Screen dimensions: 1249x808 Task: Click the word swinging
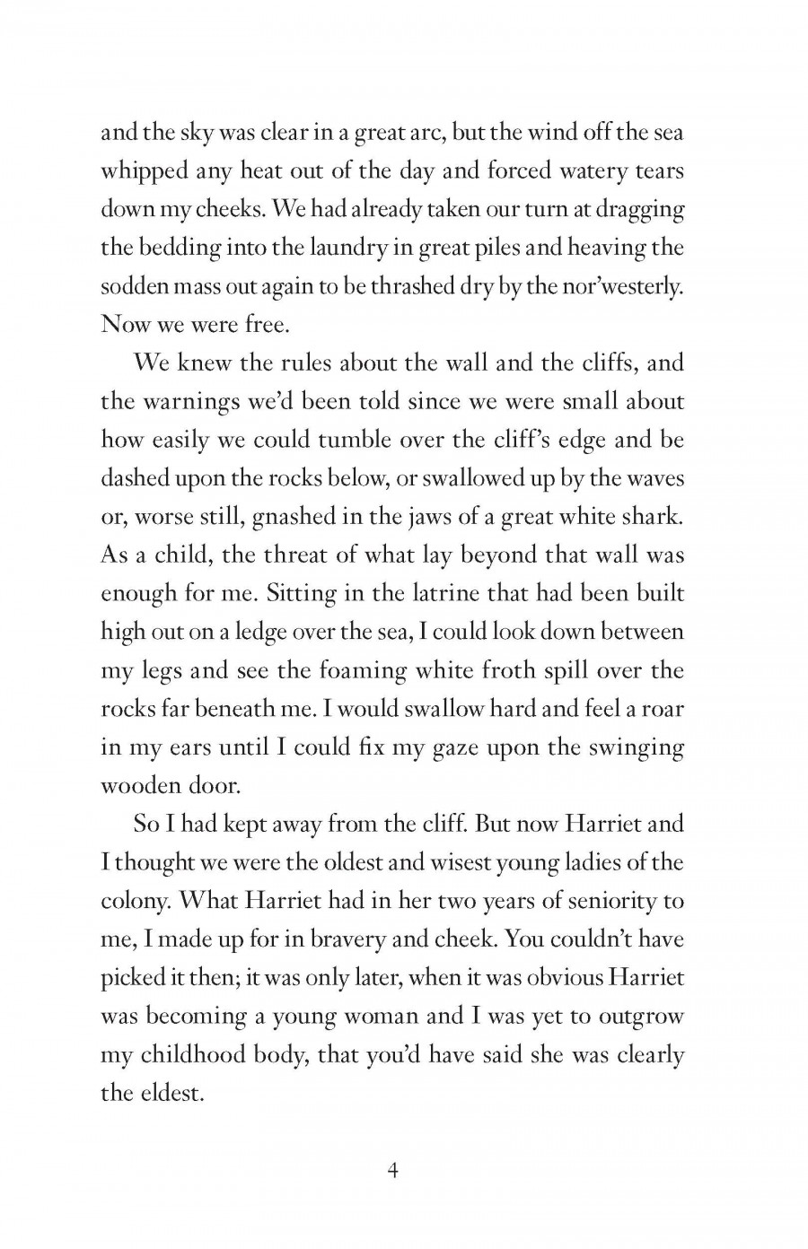pyautogui.click(x=637, y=748)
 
